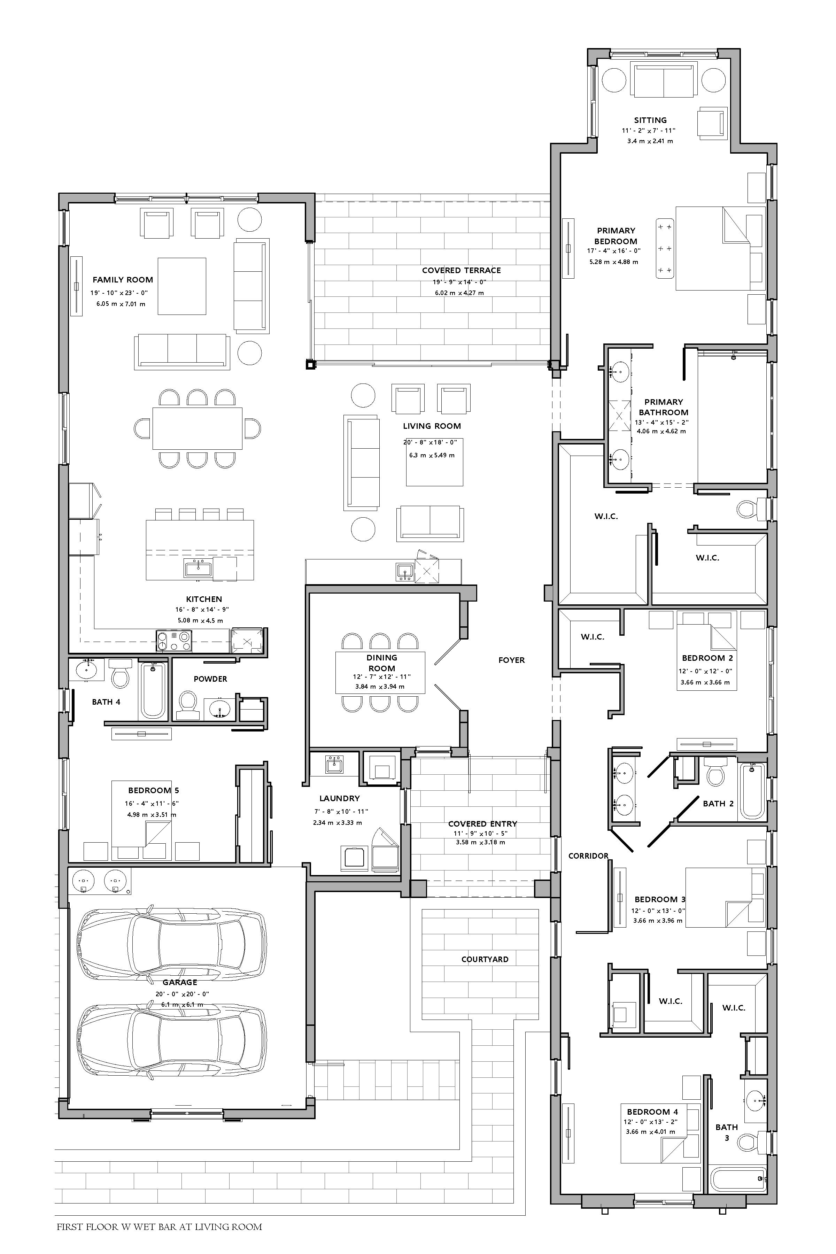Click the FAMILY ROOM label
click(x=123, y=279)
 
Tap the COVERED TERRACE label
click(x=461, y=270)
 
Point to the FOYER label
click(x=511, y=660)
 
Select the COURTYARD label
click(x=485, y=959)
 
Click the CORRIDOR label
click(x=588, y=856)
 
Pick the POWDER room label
click(x=210, y=679)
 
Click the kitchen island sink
click(x=198, y=569)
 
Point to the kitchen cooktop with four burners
click(x=174, y=640)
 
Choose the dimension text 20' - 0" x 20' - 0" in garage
click(x=182, y=994)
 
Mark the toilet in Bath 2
click(x=714, y=772)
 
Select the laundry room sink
click(x=334, y=764)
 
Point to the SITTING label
click(x=650, y=120)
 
